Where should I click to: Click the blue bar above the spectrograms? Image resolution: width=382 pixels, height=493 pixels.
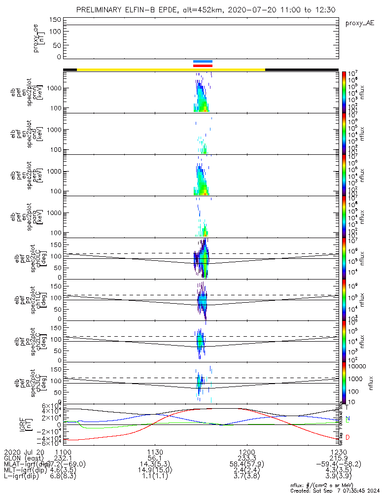click(203, 61)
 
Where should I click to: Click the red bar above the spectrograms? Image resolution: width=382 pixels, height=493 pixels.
click(203, 65)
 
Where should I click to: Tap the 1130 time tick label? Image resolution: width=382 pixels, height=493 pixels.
click(155, 452)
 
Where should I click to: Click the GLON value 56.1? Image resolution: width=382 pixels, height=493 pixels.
click(155, 458)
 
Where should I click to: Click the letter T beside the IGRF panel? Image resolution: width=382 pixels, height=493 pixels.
click(347, 407)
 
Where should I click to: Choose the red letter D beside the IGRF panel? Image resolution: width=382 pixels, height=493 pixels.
click(347, 438)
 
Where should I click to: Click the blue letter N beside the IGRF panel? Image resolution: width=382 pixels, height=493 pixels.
click(347, 418)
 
